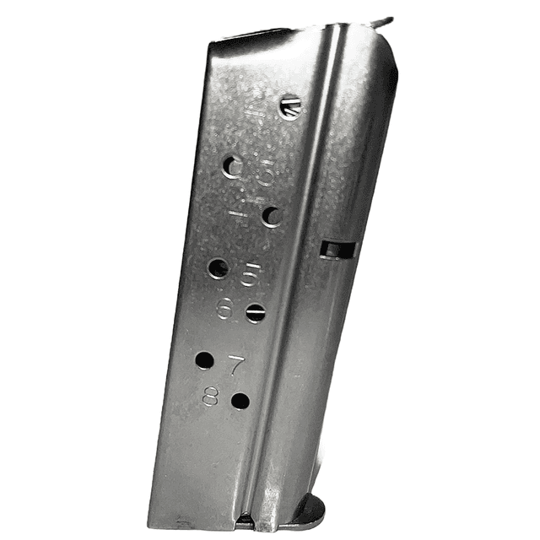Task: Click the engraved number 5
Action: point(248,274)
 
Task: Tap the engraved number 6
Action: point(224,309)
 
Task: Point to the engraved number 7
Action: point(237,364)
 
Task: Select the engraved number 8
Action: point(211,396)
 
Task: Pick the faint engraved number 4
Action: point(241,208)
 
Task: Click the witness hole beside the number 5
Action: point(218,269)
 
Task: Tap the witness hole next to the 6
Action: point(255,313)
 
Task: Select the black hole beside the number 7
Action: point(204,360)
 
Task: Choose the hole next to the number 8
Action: point(240,401)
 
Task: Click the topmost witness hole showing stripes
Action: point(289,106)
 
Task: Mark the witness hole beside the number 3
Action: point(231,166)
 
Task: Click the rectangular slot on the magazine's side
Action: point(338,250)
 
